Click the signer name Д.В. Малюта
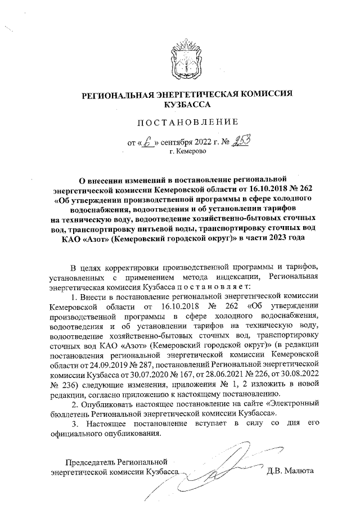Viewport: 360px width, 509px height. coord(290,471)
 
